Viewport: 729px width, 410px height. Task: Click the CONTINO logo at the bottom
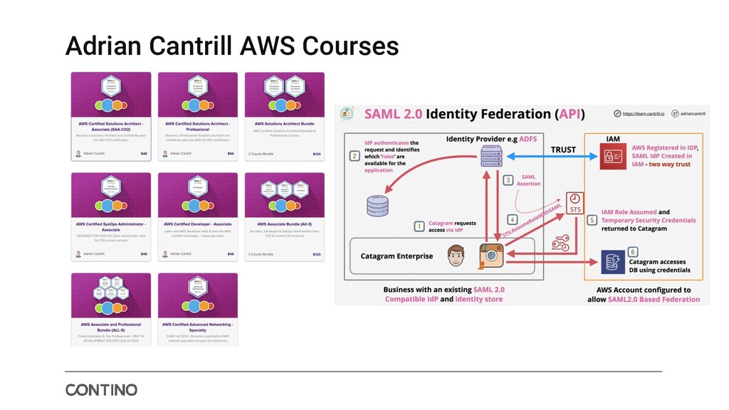101,390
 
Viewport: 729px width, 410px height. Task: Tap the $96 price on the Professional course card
230,153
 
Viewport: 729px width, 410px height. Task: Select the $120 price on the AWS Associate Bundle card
316,253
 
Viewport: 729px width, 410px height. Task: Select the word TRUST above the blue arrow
564,149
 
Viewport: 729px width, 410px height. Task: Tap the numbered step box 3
508,180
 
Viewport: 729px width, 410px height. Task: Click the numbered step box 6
632,252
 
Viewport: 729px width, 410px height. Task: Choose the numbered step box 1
419,226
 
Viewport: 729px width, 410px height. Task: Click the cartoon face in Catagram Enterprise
457,256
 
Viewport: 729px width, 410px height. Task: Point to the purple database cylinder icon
377,205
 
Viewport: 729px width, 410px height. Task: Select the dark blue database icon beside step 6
612,261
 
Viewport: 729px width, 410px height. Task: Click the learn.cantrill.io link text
644,112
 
